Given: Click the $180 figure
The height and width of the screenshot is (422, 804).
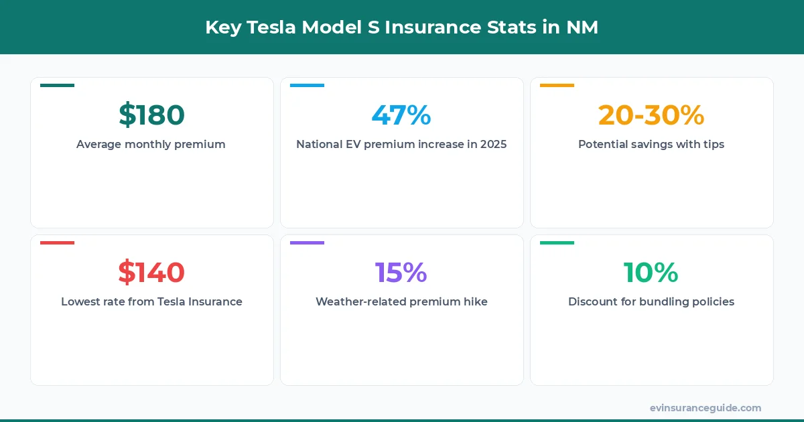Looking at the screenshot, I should (x=151, y=115).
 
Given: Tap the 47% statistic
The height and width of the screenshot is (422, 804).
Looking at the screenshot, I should (x=401, y=115).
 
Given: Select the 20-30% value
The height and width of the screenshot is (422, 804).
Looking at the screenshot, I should (x=651, y=115).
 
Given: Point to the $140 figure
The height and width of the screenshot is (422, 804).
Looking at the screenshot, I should (x=151, y=273).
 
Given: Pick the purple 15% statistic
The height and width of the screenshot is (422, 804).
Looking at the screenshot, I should (x=401, y=273).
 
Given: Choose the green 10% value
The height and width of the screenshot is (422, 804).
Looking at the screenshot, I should (x=651, y=273).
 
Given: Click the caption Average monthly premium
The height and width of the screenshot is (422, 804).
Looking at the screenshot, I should (x=151, y=144).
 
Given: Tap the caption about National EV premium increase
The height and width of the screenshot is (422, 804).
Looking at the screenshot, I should (x=401, y=144).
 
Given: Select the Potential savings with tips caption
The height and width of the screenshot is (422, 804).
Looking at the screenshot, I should (x=651, y=144).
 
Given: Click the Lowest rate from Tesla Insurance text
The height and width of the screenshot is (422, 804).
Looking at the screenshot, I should (x=151, y=301).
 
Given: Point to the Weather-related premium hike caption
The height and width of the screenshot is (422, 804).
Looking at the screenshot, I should (x=401, y=301).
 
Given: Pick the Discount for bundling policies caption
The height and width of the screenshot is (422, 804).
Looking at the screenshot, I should (x=651, y=301).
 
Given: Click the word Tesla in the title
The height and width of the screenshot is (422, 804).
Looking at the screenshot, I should (x=272, y=27).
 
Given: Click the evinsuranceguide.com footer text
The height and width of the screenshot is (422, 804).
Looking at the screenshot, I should (x=706, y=408).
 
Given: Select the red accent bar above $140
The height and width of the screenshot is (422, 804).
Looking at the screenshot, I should (x=57, y=242).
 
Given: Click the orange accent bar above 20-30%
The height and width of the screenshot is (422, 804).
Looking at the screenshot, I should (x=557, y=85).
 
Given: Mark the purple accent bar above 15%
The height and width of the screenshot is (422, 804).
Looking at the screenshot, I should (x=307, y=242).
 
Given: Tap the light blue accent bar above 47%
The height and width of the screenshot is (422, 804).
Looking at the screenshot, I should (x=307, y=85).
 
